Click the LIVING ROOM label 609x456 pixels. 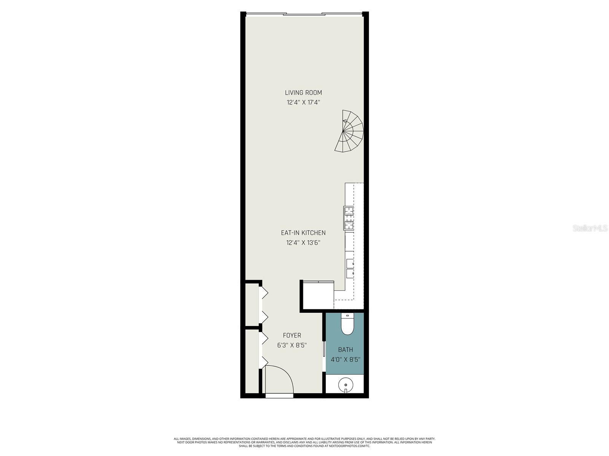[303, 92]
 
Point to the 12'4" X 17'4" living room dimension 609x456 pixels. [303, 102]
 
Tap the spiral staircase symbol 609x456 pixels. [349, 131]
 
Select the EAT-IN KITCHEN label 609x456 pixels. [303, 233]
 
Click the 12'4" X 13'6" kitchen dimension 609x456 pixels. [303, 242]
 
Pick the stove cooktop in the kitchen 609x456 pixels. [349, 218]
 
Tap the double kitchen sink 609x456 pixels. [350, 268]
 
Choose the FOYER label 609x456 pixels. [292, 335]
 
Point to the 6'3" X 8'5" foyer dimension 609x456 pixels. [292, 345]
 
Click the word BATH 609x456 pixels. [345, 350]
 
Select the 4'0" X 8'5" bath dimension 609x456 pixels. [345, 359]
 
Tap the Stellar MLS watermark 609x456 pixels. [589, 228]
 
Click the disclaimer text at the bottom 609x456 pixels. [304, 442]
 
